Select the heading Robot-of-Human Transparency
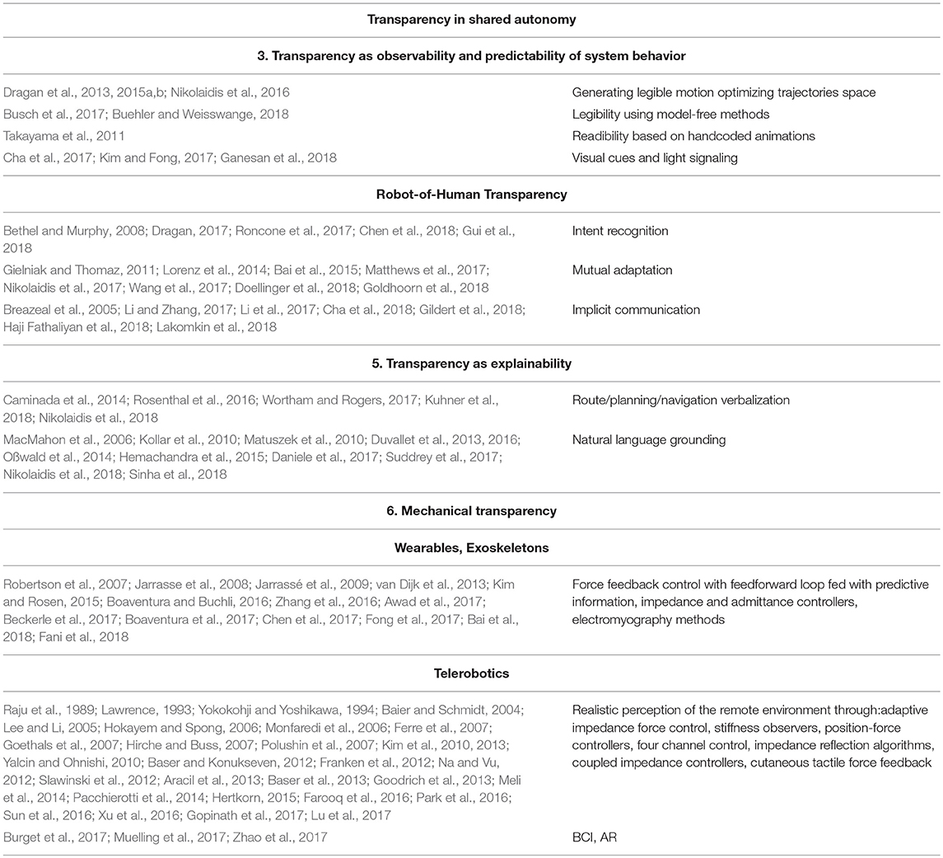[x=472, y=195]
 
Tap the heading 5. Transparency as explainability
[x=472, y=363]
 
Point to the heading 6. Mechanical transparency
[x=472, y=511]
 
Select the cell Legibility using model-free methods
[x=670, y=114]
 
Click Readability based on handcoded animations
[x=683, y=135]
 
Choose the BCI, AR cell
[x=595, y=837]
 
